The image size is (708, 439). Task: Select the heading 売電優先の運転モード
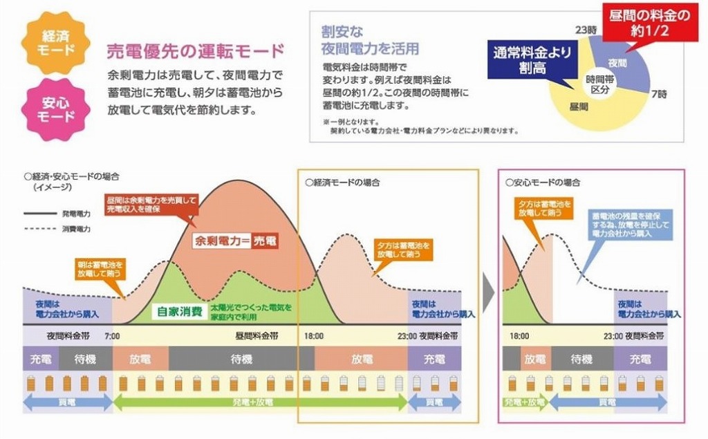(195, 50)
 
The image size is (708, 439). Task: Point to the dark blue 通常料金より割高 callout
(532, 60)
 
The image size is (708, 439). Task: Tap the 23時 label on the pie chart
(586, 30)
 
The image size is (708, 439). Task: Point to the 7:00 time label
(112, 336)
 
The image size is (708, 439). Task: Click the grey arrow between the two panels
(488, 295)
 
